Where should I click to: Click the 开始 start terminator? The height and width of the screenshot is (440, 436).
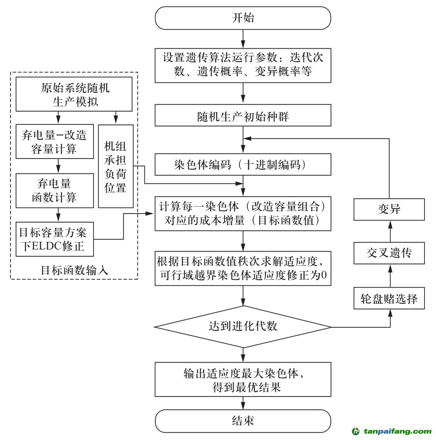point(243,18)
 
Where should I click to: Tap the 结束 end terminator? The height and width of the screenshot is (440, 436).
point(243,420)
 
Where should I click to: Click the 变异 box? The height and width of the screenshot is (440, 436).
point(389,209)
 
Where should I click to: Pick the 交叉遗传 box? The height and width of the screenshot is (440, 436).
point(389,253)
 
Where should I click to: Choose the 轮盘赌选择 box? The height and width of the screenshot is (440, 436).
point(389,298)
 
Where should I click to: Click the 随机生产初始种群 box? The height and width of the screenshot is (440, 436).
point(243,116)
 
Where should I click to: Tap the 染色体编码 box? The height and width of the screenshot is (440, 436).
point(243,164)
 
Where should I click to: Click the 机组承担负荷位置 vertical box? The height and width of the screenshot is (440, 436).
point(115,166)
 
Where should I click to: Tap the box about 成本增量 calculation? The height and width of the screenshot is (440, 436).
point(243,214)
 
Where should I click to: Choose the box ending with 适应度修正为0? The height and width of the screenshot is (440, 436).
point(243,268)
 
